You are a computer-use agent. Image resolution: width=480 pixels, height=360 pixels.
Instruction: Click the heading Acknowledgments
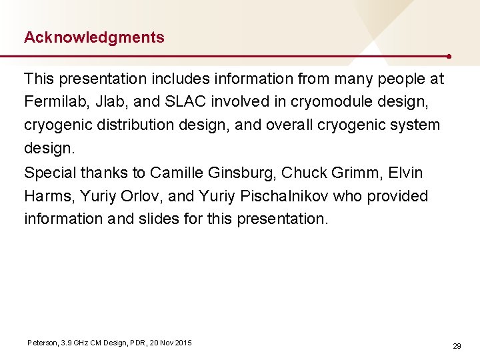[x=94, y=37]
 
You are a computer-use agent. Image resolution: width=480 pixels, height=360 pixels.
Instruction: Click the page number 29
[x=457, y=346]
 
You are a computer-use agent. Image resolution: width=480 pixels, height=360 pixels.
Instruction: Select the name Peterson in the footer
[x=42, y=343]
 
